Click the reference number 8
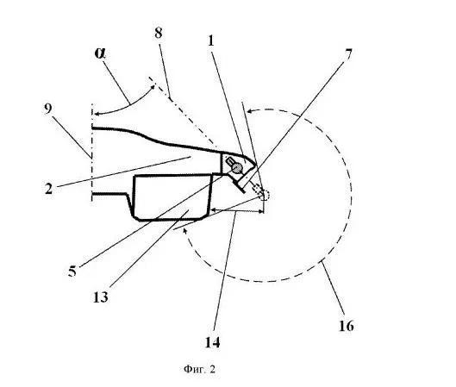tap(159, 33)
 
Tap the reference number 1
tap(211, 41)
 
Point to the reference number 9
tap(48, 109)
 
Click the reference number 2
tap(49, 189)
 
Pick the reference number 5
tap(72, 271)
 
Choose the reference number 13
tap(101, 296)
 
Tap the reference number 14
tap(213, 342)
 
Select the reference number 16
tap(347, 326)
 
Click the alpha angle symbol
tap(100, 53)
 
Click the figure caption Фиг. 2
tap(199, 369)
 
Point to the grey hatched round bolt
tap(238, 167)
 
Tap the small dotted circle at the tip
tap(265, 195)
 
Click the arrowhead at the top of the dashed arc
tap(249, 111)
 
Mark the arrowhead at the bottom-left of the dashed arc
tap(184, 231)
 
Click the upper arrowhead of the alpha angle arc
tap(152, 87)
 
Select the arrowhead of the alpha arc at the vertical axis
tap(97, 114)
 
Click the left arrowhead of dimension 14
tap(214, 209)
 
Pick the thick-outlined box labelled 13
tap(172, 197)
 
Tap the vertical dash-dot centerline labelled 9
tap(92, 152)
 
